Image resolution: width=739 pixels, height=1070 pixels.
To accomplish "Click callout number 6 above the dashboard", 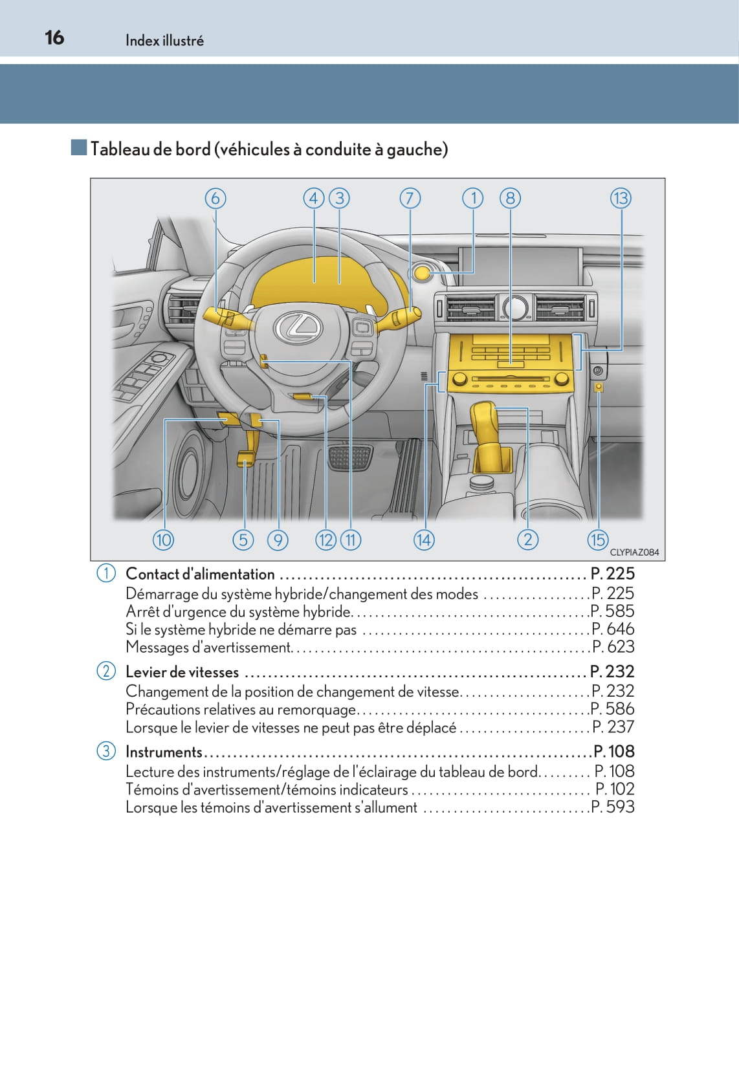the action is [215, 198].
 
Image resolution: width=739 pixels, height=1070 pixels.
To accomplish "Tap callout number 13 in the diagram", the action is [621, 198].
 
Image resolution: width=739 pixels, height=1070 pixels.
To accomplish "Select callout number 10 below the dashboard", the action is [163, 540].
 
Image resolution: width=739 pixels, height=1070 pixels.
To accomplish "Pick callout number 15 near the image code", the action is [597, 540].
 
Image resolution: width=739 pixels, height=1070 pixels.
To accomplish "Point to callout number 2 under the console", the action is [527, 539].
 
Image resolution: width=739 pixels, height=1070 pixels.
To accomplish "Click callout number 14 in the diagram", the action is [424, 540].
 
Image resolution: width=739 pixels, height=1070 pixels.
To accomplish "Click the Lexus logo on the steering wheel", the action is [298, 327].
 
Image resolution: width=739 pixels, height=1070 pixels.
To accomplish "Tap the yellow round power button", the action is [422, 272].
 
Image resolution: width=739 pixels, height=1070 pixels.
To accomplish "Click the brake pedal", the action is [350, 457].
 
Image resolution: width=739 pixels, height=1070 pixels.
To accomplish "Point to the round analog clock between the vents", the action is [515, 308].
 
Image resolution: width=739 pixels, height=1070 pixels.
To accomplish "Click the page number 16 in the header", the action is [54, 38].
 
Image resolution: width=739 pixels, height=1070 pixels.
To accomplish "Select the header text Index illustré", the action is [164, 41].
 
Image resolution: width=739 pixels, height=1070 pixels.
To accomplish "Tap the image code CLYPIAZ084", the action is [634, 552].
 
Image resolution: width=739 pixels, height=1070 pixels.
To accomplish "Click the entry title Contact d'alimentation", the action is [200, 574].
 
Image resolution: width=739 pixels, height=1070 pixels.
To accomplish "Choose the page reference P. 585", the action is [613, 611].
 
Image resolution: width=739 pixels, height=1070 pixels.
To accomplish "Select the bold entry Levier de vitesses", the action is [182, 672].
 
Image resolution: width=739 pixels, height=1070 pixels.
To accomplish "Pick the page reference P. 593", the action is [613, 807].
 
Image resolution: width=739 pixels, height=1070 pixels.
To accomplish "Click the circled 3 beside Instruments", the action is [106, 752].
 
